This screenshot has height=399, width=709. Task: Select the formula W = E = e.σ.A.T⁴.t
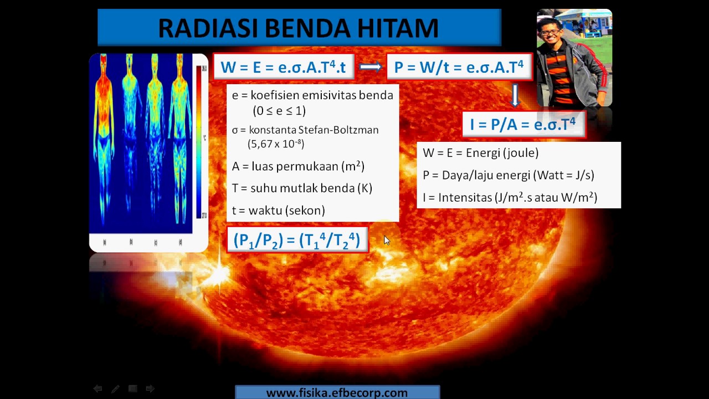pos(282,67)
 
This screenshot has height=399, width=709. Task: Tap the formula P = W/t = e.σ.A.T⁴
pos(459,67)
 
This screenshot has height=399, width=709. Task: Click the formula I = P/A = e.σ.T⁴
pos(523,124)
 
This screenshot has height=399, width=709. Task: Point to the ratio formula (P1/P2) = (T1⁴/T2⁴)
pos(297,240)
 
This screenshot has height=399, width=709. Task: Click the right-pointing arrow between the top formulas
pos(370,67)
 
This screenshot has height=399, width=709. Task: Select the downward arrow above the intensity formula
pos(515,95)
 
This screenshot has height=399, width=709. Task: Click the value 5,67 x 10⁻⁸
pos(276,144)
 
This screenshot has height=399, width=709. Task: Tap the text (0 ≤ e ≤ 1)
pos(279,110)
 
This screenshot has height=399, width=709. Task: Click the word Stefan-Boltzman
pos(338,130)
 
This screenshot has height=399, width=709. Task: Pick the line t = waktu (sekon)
pos(278,210)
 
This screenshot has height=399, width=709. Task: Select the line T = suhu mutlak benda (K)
pos(302,188)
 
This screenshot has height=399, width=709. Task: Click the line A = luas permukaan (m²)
pos(298,166)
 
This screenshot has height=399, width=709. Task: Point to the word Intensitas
pos(465,197)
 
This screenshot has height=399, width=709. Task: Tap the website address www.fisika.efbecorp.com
pos(337,393)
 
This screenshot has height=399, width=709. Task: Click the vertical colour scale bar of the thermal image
pos(198,141)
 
